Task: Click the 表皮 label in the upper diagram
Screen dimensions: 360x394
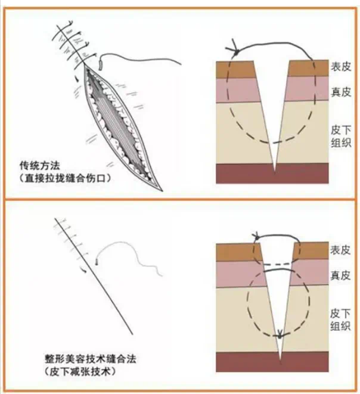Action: pyautogui.click(x=340, y=67)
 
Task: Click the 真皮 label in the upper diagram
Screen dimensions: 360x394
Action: pyautogui.click(x=340, y=92)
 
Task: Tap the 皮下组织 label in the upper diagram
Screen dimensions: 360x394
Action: pyautogui.click(x=340, y=136)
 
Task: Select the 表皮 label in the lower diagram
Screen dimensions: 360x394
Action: pyautogui.click(x=340, y=250)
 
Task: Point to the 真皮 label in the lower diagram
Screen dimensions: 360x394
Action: pyautogui.click(x=340, y=275)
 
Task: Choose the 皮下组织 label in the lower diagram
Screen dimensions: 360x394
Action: pyautogui.click(x=340, y=319)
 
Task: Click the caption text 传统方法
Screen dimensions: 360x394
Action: pyautogui.click(x=40, y=166)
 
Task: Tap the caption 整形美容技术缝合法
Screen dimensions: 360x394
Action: pyautogui.click(x=90, y=359)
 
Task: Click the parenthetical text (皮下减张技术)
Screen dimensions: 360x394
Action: pyautogui.click(x=80, y=371)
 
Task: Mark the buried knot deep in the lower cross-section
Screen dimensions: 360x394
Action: pyautogui.click(x=280, y=336)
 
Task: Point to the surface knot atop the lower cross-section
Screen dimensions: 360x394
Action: pyautogui.click(x=257, y=237)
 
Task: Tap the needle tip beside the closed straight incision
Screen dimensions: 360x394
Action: pyautogui.click(x=97, y=263)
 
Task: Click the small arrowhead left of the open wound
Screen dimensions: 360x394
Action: pyautogui.click(x=77, y=79)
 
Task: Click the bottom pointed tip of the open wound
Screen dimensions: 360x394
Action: pyautogui.click(x=162, y=191)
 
